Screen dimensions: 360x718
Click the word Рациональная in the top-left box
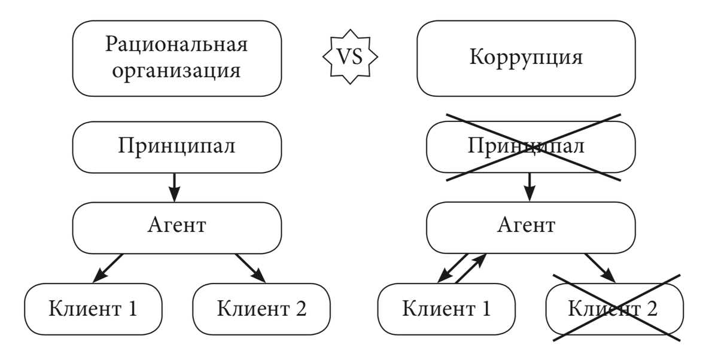tap(177, 45)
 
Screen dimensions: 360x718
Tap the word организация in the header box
tap(177, 71)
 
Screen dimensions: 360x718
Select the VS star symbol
tap(350, 59)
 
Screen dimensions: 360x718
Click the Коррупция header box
tap(525, 59)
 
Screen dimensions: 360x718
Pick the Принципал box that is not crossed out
tap(177, 147)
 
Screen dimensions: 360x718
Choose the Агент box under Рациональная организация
tap(177, 225)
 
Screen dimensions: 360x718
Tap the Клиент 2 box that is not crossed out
tap(261, 309)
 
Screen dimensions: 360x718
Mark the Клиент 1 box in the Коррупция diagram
tap(446, 309)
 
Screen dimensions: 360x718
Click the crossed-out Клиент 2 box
tap(614, 309)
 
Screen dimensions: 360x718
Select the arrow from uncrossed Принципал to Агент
tap(174, 187)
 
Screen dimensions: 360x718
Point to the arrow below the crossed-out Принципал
tap(529, 187)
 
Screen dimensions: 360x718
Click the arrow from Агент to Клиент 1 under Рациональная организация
tap(108, 267)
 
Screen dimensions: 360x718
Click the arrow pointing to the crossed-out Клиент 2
tap(601, 267)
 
